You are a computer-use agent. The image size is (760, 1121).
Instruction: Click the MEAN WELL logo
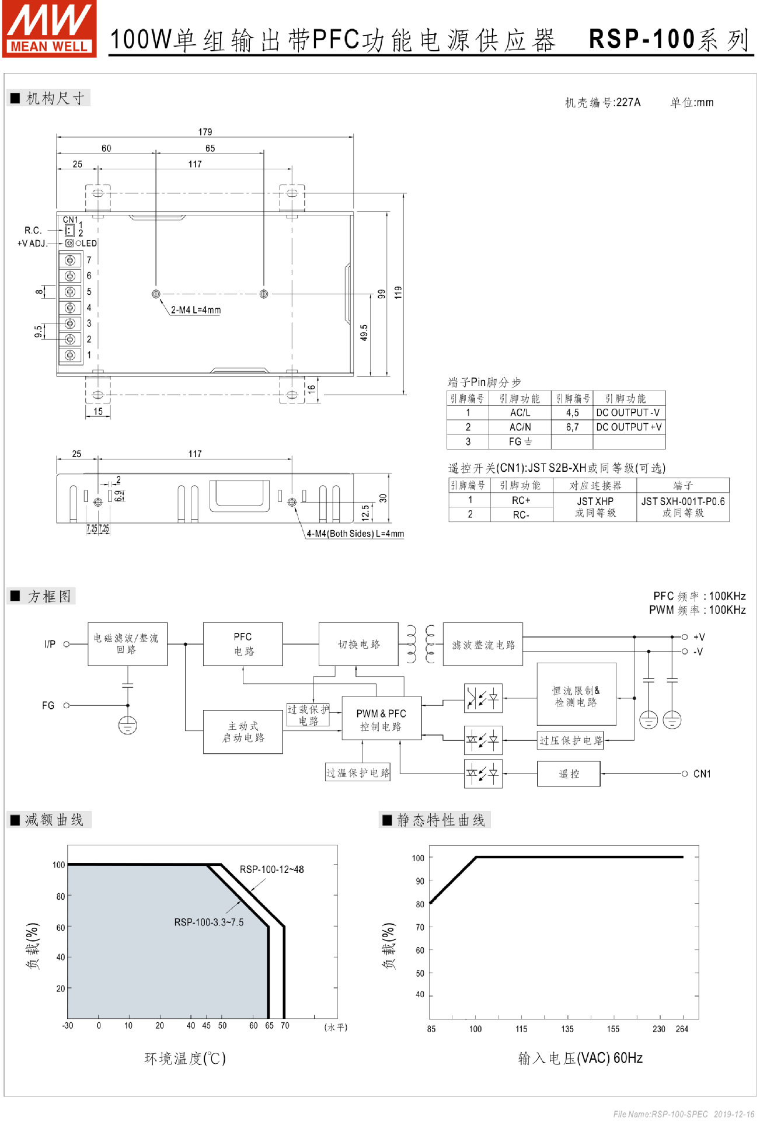point(49,29)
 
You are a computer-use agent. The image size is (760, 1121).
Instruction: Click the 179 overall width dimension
point(205,132)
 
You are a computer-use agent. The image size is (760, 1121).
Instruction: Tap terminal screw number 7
point(70,260)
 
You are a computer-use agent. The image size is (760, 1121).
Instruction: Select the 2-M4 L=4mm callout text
point(196,310)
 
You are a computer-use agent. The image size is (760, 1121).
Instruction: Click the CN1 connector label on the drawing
point(70,220)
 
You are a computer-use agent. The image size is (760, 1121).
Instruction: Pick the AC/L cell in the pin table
point(520,413)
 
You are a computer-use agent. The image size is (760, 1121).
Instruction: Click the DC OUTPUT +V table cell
point(629,427)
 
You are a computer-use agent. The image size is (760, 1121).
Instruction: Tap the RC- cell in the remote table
point(521,515)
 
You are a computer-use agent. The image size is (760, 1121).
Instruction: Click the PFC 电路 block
point(243,644)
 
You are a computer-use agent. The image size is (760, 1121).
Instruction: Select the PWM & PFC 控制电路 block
point(381,719)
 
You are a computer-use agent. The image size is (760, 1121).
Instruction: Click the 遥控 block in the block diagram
point(569,774)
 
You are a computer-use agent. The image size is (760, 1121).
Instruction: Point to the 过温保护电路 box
point(358,773)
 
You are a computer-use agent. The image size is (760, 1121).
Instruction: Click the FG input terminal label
point(48,706)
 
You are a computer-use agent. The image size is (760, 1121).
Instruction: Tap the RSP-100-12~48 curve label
point(271,869)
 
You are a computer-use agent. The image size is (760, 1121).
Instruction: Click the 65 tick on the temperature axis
point(269,1026)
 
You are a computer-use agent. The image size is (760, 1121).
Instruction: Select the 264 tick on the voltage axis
point(681,1029)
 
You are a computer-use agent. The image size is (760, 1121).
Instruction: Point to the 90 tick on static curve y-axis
point(420,881)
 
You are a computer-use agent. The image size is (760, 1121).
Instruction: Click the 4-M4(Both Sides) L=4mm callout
point(355,534)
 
